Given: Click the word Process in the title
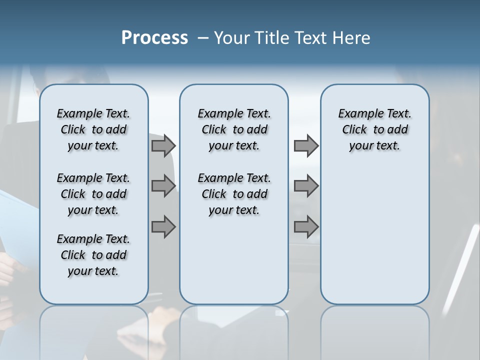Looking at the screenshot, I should point(154,38).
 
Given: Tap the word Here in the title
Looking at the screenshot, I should point(350,38).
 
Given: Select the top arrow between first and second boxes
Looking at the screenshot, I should point(163,145).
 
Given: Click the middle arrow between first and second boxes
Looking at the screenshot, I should point(163,186).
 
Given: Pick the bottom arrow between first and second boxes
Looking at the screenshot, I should point(163,227).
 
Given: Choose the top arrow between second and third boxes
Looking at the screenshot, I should point(306,145).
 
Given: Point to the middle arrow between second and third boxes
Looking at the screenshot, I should point(306,186).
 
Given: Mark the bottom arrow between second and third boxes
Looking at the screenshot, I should point(306,227).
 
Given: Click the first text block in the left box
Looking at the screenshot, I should point(93,129).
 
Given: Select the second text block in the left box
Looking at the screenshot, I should point(93,194).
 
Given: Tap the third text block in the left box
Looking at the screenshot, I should point(93,255).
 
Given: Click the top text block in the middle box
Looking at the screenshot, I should point(234,129).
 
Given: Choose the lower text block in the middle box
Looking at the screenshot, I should point(234,194).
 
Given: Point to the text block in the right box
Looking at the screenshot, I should point(375,129).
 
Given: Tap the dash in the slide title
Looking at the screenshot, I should point(203,38).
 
